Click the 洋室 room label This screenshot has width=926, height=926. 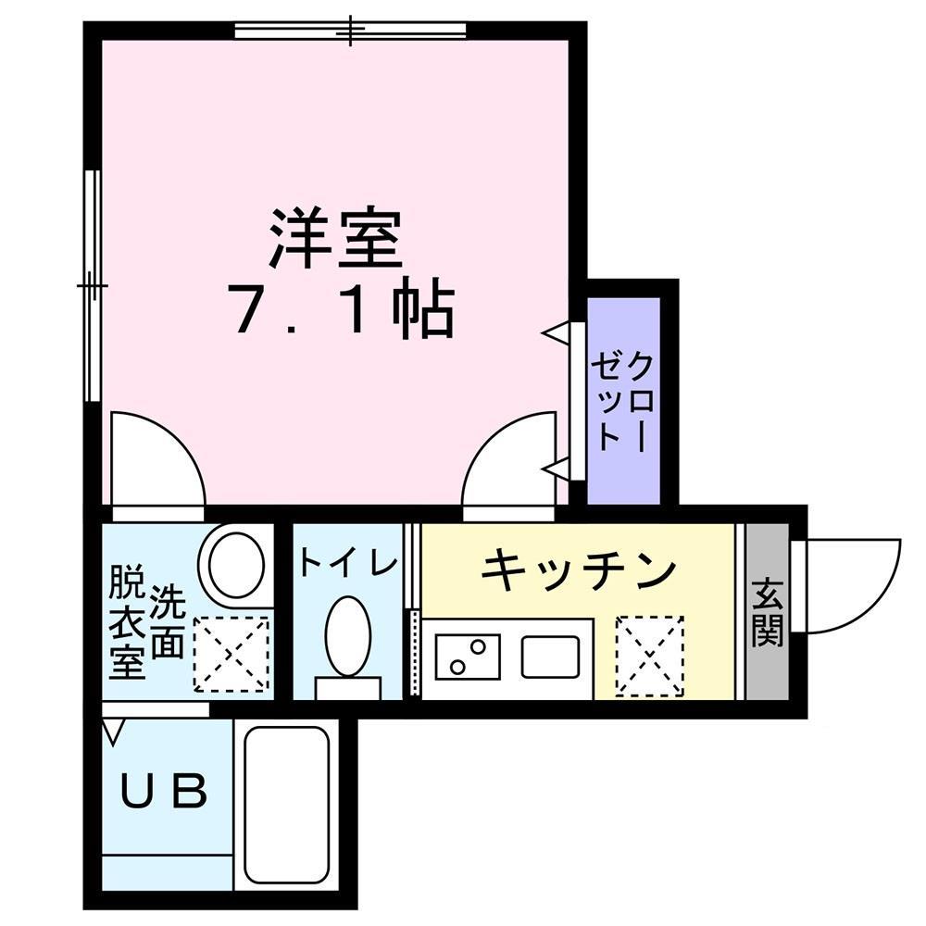coord(336,238)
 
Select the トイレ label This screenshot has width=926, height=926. coord(347,562)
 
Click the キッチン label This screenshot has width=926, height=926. coord(578,569)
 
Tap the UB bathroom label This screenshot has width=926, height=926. coord(165,792)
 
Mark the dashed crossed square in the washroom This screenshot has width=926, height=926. coord(231,654)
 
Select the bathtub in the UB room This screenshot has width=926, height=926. coord(287,804)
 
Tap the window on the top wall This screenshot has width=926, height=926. coord(350,31)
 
